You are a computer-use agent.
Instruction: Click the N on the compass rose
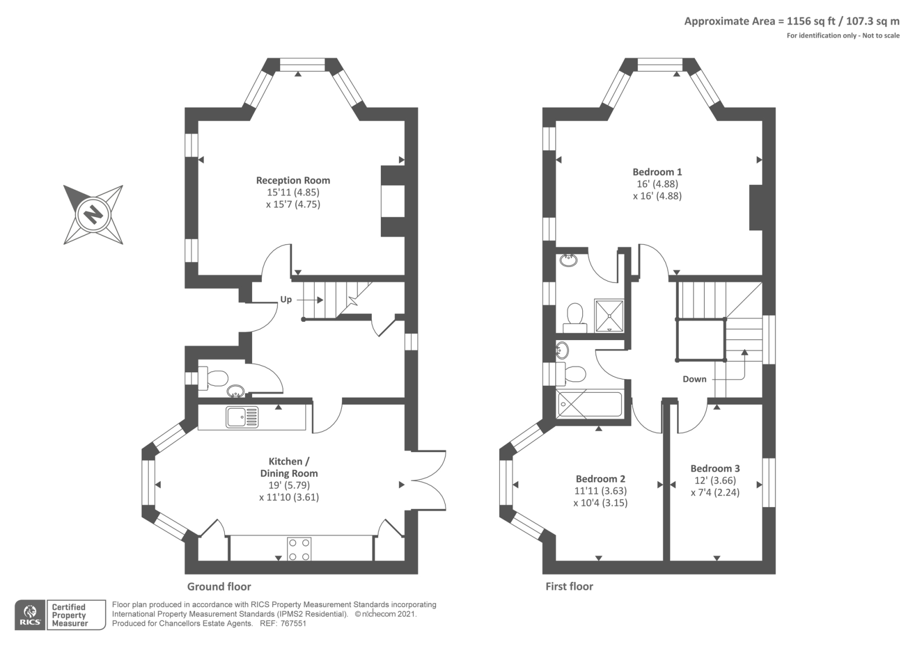[94, 214]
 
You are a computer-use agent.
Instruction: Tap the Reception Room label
[293, 180]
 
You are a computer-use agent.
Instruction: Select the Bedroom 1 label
[657, 172]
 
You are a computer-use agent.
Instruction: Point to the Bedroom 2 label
[600, 478]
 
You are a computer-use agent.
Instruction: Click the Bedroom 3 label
[715, 468]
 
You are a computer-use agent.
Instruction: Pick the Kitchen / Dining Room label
[289, 467]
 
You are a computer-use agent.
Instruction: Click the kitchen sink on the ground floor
[242, 417]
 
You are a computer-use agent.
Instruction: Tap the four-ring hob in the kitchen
[300, 549]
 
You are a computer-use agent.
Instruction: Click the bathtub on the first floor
[590, 404]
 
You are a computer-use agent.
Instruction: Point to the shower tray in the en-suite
[609, 316]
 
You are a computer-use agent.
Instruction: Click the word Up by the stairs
[286, 300]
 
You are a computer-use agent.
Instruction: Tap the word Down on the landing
[694, 379]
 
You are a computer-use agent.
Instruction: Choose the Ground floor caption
[219, 587]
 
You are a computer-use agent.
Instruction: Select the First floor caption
[570, 587]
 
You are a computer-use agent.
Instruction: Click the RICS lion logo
[30, 615]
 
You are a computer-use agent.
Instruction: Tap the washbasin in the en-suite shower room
[568, 260]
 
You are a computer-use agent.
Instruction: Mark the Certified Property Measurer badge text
[69, 615]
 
